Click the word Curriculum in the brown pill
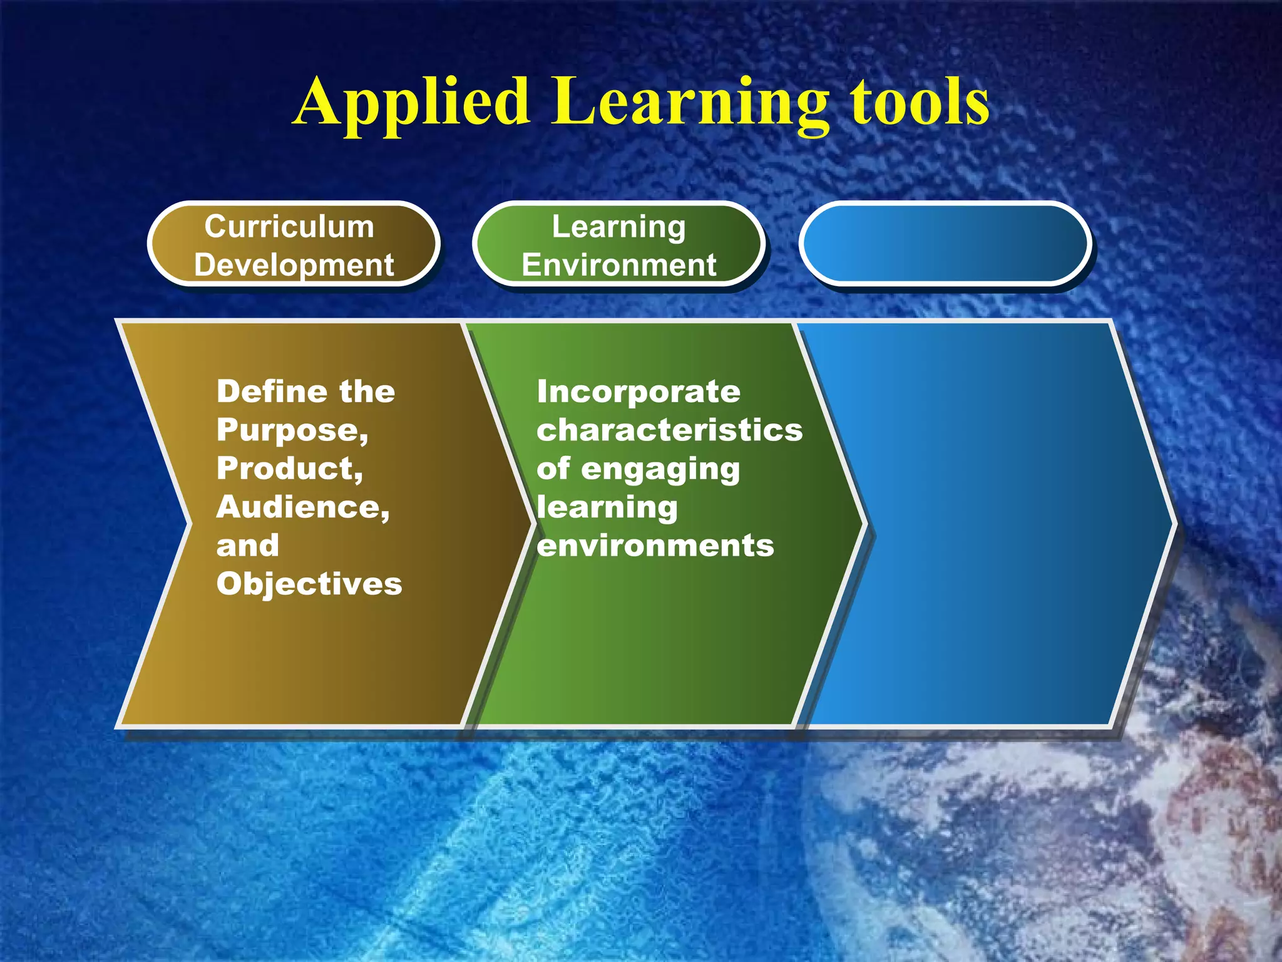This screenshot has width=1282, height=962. (289, 227)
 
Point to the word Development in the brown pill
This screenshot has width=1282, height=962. (294, 265)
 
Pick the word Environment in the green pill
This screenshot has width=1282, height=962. (618, 265)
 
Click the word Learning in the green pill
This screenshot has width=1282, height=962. (618, 227)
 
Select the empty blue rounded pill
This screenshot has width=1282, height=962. (945, 244)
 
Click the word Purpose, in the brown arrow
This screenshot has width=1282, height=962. (292, 431)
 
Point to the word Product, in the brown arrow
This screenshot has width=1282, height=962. (290, 469)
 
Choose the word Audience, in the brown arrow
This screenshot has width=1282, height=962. (303, 507)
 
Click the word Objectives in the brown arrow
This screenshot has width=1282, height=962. (309, 584)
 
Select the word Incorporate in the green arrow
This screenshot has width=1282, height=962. (638, 392)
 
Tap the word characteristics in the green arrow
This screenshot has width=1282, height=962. (669, 431)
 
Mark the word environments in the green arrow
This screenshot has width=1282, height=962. (655, 546)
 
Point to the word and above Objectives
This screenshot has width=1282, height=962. (248, 546)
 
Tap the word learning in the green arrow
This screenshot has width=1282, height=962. (607, 508)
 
